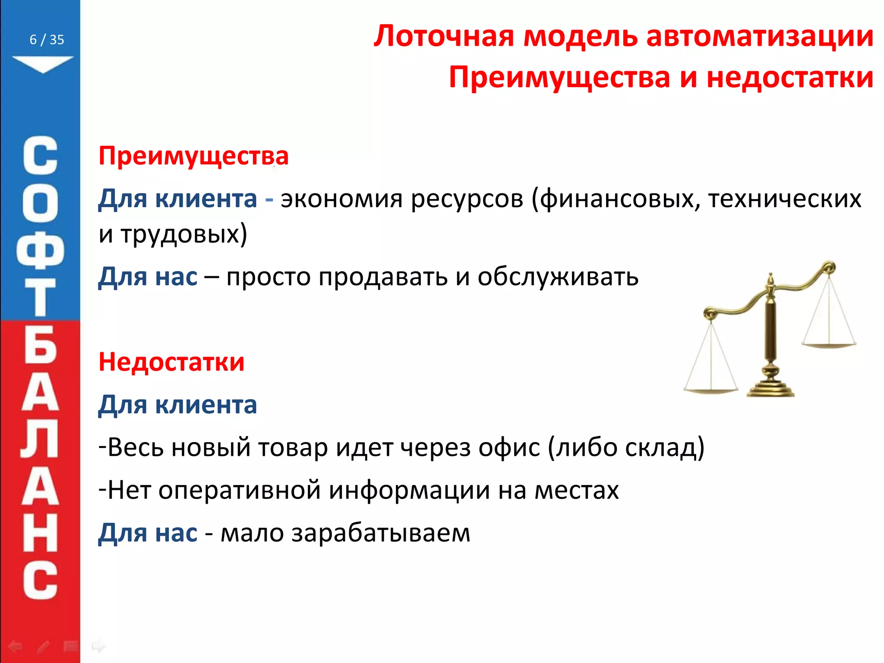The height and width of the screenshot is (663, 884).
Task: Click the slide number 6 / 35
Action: tap(47, 40)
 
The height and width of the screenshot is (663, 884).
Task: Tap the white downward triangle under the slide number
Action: tap(43, 63)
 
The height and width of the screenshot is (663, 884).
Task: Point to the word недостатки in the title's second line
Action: tap(790, 78)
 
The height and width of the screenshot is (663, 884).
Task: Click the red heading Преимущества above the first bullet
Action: tap(193, 156)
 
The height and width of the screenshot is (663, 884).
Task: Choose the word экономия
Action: tap(341, 199)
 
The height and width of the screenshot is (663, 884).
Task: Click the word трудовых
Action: tap(183, 234)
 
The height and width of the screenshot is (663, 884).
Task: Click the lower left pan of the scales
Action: tap(710, 390)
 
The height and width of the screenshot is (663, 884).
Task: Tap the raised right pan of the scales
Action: tap(829, 344)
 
